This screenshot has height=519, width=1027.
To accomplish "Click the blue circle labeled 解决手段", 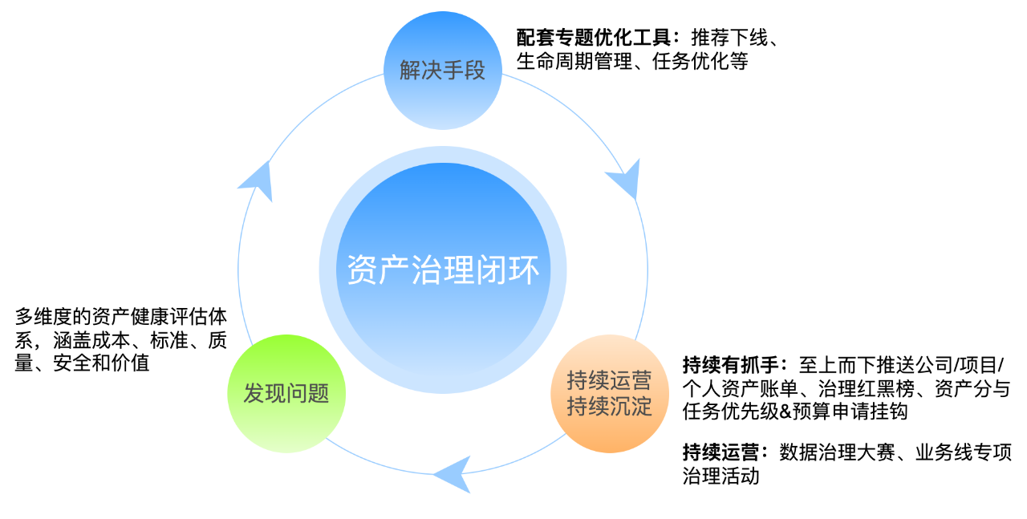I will [443, 71].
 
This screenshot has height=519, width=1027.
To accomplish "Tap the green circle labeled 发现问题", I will [286, 394].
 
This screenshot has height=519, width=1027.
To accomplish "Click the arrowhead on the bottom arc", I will [453, 473].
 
